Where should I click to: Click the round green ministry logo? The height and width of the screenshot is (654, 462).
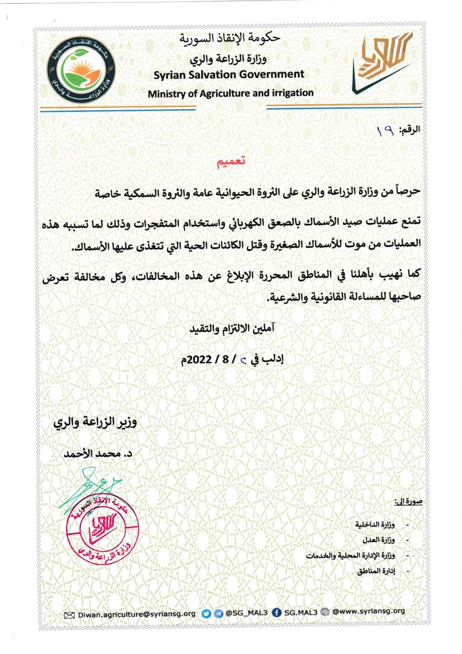[x=82, y=68]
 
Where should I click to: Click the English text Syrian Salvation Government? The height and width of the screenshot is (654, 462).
[x=229, y=75]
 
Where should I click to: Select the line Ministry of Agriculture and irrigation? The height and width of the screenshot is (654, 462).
[x=230, y=93]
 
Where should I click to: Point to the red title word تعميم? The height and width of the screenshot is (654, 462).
[x=230, y=162]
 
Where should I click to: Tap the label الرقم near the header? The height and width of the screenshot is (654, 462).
[x=409, y=130]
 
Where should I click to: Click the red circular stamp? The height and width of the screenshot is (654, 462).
[x=102, y=527]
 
